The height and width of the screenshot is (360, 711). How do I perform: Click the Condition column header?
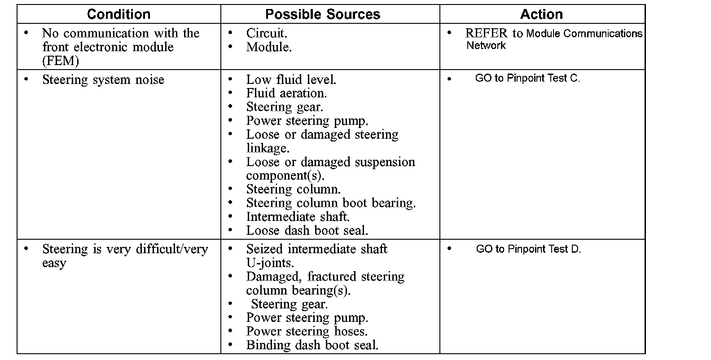point(118,14)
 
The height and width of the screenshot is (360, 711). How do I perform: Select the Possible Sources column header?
point(323,14)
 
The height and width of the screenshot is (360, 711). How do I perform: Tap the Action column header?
point(541,14)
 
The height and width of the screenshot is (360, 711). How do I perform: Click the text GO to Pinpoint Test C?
point(527,78)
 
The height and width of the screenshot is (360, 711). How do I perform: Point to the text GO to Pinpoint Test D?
point(528,249)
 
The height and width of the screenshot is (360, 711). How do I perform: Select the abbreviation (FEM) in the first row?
point(61,61)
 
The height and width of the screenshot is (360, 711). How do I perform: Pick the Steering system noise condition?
point(103,80)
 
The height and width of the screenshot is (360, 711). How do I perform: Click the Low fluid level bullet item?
point(291,80)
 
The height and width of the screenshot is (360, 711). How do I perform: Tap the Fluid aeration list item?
point(286,93)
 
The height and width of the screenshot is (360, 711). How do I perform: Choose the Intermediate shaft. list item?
point(298,217)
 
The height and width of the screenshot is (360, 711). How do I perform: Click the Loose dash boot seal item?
point(307,231)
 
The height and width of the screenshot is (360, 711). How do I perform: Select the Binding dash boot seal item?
point(312,345)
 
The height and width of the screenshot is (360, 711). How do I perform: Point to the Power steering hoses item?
point(307,332)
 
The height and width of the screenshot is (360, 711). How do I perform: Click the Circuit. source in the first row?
point(267,33)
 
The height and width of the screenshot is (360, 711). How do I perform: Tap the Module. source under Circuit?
point(269,47)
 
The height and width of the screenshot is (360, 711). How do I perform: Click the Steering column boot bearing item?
point(331,203)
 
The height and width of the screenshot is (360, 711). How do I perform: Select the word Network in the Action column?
point(486,46)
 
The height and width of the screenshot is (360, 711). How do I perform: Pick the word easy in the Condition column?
point(54,263)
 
